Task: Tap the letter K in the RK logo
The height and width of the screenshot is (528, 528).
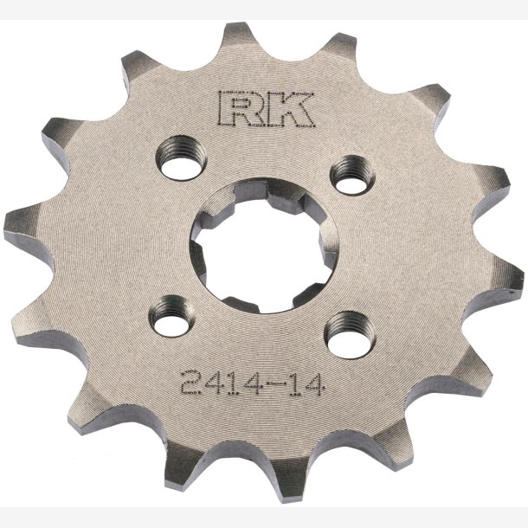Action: (x=290, y=109)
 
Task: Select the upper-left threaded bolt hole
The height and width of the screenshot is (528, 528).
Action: (x=182, y=158)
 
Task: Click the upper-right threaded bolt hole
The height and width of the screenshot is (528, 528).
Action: (x=353, y=175)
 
